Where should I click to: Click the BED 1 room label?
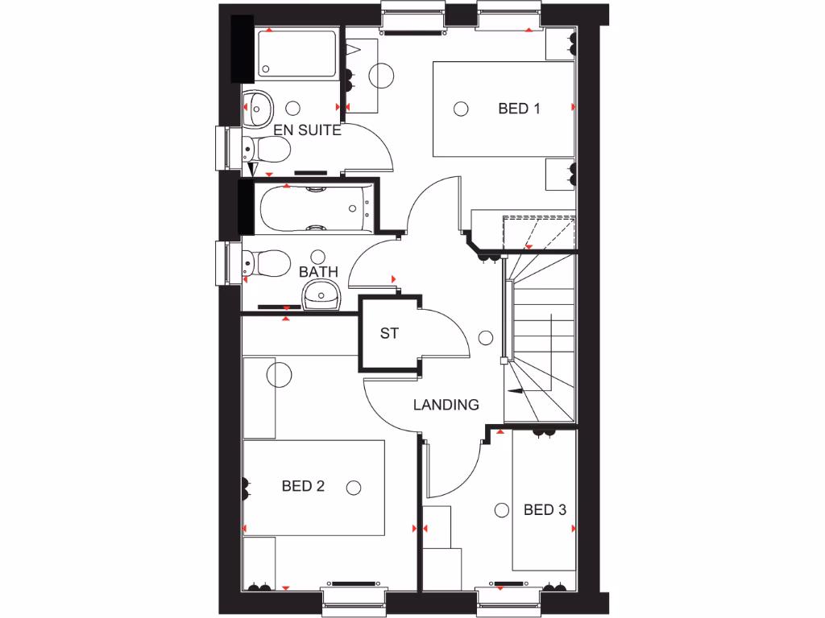coord(519,109)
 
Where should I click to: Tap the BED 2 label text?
coord(303,486)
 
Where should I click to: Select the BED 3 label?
coord(545,509)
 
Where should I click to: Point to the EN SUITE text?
coord(307,130)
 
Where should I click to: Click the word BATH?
coord(319,272)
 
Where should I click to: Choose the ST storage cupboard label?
coord(389,333)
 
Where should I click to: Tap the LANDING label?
coord(446,405)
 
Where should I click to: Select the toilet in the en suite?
coord(267,149)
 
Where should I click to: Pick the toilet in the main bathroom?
coord(267,262)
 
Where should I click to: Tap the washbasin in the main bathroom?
coord(321,296)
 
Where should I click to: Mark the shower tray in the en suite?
coord(296,54)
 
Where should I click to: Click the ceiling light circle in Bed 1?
coord(461,109)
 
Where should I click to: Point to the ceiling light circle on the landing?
coord(485,338)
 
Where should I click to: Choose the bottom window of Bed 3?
coord(508,601)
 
